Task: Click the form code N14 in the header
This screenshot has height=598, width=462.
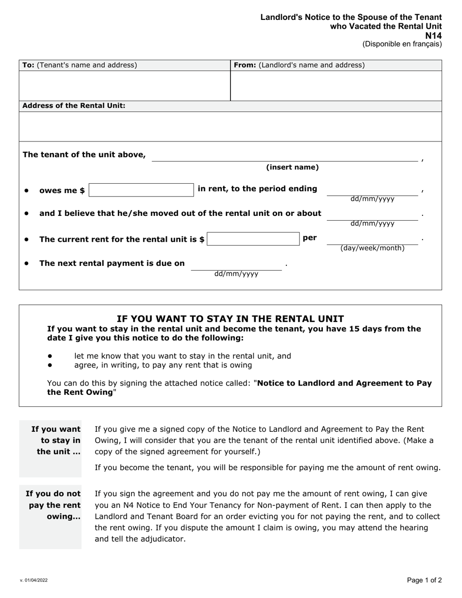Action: tap(433, 35)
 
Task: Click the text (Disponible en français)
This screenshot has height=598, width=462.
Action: tap(402, 44)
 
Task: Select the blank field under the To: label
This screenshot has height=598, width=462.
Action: tap(124, 86)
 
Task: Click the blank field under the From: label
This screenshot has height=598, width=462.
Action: tap(336, 86)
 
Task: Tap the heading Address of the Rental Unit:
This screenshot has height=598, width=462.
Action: tap(74, 106)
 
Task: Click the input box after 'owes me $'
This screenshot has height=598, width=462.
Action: tap(141, 190)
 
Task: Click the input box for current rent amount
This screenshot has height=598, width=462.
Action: tap(253, 239)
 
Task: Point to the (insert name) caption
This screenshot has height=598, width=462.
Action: tap(292, 167)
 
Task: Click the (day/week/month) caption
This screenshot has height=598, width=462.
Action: tap(372, 248)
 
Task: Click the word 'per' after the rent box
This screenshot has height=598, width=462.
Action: tap(310, 238)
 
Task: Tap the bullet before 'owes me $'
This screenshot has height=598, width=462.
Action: tap(27, 191)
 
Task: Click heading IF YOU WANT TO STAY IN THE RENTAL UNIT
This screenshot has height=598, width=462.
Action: tap(230, 319)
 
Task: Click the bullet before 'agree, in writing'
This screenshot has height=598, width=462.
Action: tap(50, 365)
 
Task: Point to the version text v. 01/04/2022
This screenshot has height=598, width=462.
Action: tap(34, 580)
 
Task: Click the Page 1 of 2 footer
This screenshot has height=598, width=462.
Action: tap(424, 580)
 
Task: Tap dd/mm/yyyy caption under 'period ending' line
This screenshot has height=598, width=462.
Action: tap(372, 199)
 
